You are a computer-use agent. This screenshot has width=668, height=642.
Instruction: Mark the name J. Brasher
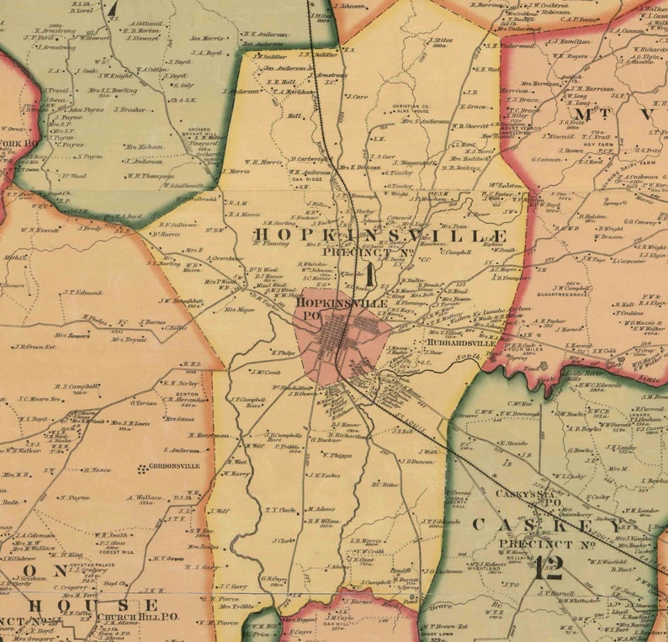pyautogui.click(x=130, y=109)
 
